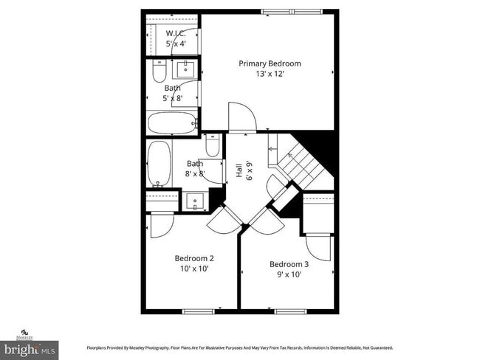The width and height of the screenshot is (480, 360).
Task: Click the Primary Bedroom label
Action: click(x=270, y=63)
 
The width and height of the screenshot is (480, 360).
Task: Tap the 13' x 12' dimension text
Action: click(x=270, y=74)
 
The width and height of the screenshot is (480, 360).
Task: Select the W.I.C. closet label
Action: click(x=175, y=34)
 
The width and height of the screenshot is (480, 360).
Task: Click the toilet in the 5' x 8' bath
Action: click(x=159, y=72)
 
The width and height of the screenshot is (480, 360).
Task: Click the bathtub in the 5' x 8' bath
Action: click(x=171, y=122)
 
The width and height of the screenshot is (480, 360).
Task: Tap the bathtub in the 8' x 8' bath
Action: click(x=158, y=164)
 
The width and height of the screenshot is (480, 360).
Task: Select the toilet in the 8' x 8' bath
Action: click(x=212, y=147)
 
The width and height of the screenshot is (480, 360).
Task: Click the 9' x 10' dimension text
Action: click(x=289, y=274)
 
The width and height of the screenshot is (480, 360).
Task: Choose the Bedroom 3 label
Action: click(x=289, y=264)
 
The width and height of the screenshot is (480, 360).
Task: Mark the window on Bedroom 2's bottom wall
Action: click(x=198, y=311)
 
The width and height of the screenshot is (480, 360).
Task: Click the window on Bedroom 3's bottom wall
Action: click(x=290, y=311)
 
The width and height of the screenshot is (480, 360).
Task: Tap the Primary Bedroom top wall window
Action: click(x=292, y=11)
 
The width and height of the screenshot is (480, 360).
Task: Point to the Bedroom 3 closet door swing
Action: click(x=318, y=245)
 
